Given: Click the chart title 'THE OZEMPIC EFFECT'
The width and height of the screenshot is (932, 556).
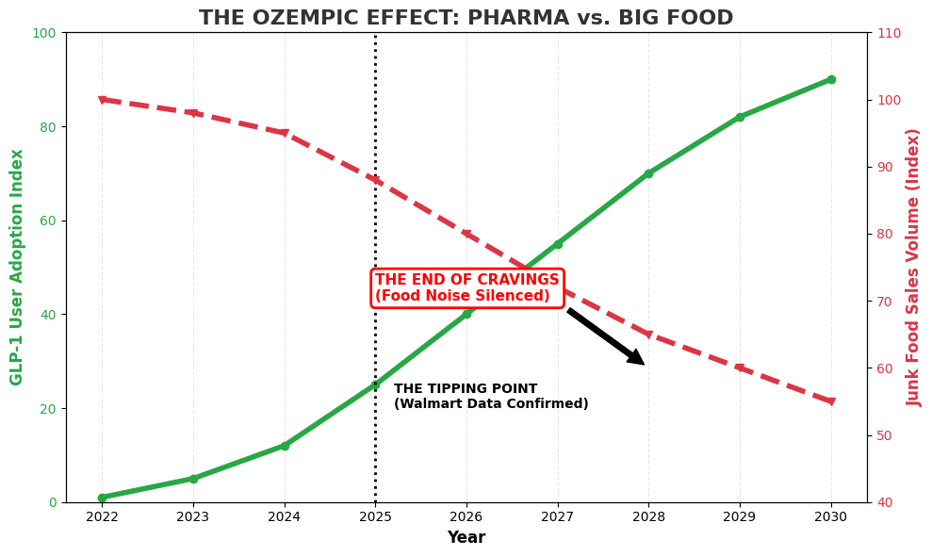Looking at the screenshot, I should (466, 18).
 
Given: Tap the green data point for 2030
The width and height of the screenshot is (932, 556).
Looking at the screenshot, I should (830, 79).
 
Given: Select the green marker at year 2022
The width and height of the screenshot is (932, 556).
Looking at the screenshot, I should (102, 498).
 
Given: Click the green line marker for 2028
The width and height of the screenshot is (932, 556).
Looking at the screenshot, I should (648, 173).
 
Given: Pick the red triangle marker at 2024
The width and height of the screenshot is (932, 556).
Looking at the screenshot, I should (285, 133).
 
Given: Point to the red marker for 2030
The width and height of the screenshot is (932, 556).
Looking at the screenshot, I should (830, 401).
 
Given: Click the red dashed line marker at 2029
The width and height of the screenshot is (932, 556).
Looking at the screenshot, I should (740, 368).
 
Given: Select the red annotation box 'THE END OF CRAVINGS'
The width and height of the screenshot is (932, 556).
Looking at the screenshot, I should (466, 288).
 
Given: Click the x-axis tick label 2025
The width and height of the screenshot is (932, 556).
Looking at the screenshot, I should (375, 516).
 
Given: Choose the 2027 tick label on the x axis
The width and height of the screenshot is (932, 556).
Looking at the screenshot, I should (557, 516).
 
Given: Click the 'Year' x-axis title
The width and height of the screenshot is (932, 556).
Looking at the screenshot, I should (466, 538).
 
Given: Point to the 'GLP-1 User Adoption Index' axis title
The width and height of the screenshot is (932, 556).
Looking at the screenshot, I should (17, 267).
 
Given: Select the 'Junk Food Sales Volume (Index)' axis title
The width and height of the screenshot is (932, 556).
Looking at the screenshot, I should (913, 267).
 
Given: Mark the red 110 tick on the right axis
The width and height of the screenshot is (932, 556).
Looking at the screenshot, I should (890, 33).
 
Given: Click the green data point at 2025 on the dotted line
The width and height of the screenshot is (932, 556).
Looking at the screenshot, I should (375, 384).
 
